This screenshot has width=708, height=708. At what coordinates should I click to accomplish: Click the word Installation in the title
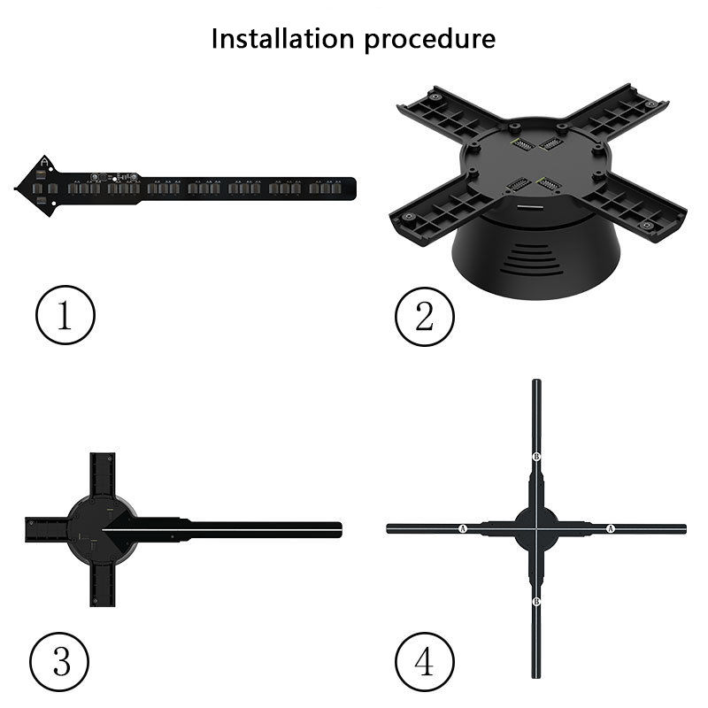point(282,38)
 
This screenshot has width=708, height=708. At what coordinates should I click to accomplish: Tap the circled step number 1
point(65,315)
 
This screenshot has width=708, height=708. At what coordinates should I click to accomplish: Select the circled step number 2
point(425,317)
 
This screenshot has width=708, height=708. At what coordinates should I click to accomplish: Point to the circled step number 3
point(59,661)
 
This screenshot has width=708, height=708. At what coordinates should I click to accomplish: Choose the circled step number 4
point(425,661)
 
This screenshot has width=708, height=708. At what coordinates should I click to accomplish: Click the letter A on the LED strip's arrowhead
point(44,162)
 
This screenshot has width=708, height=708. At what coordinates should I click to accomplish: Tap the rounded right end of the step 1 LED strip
point(353,189)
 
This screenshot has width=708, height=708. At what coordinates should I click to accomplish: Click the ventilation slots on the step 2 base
point(531,260)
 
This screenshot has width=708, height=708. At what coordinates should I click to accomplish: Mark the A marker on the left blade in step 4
point(462,528)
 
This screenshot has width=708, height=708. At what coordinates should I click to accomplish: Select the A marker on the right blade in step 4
point(611,528)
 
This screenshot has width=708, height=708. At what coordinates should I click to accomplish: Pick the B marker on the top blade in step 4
point(536,457)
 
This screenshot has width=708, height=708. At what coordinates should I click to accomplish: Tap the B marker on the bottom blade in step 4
point(536,602)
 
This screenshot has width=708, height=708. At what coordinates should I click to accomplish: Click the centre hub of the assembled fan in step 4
point(536,528)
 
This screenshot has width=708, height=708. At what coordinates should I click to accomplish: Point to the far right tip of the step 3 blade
point(342,529)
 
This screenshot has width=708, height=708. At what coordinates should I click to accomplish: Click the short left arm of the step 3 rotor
point(46,529)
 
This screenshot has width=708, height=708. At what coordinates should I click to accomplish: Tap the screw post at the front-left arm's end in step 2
point(409,217)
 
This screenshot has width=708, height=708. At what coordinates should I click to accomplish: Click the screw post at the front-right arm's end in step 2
point(646,225)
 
